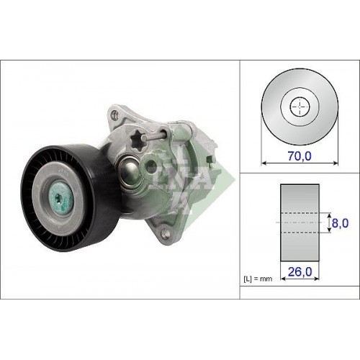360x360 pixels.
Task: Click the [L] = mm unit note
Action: [x=256, y=276]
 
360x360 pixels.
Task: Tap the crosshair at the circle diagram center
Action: [x=297, y=109]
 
